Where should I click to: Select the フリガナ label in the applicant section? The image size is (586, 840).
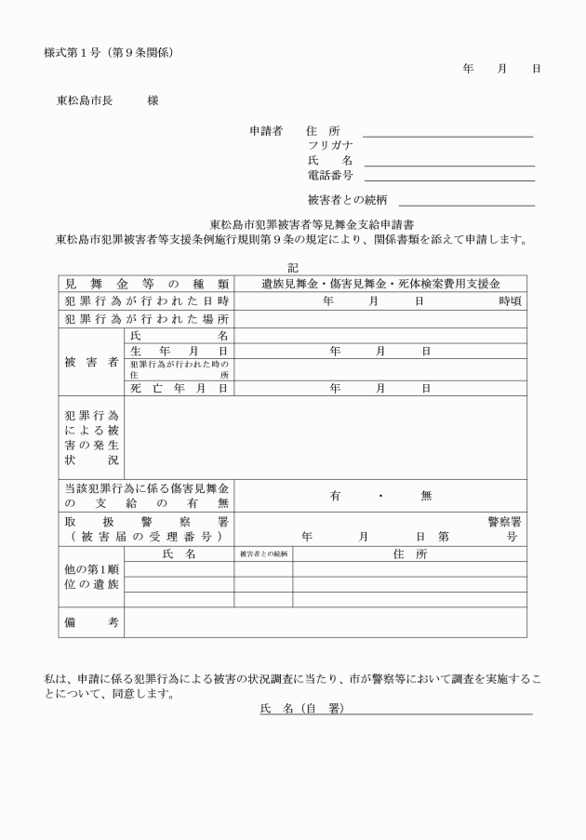click(x=329, y=146)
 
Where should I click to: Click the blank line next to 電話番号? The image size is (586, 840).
click(x=449, y=180)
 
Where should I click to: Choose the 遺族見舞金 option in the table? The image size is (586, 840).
click(x=293, y=284)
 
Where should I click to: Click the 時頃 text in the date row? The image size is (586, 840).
click(x=510, y=301)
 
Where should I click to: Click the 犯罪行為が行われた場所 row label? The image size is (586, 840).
click(x=146, y=319)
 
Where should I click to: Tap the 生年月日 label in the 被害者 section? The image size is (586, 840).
click(x=179, y=352)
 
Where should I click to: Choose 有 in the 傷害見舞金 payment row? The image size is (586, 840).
click(x=335, y=496)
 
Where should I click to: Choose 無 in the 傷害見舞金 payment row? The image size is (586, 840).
click(x=426, y=496)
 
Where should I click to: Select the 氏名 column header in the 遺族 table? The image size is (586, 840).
click(x=179, y=554)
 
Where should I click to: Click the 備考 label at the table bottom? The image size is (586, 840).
click(x=90, y=621)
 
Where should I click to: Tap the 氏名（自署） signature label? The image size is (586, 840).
click(x=301, y=710)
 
